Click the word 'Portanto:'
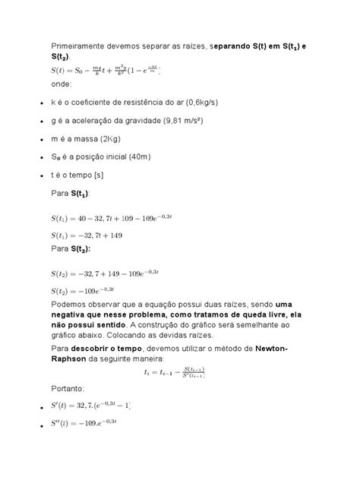[x=73, y=387]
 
